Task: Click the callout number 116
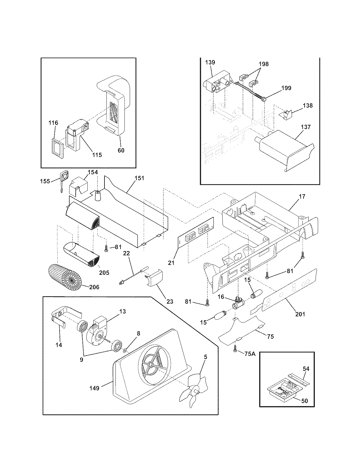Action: tap(53, 123)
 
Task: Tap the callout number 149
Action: tap(94, 388)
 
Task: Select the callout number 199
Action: tap(286, 88)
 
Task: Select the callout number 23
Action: tap(170, 301)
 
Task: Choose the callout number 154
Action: tap(93, 172)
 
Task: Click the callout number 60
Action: tap(121, 150)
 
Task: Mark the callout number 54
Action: tap(306, 369)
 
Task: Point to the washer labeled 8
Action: tap(125, 351)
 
